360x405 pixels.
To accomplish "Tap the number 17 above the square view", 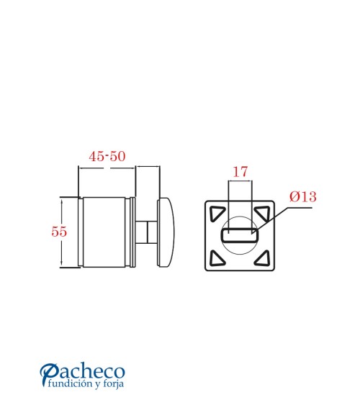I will click(x=240, y=171).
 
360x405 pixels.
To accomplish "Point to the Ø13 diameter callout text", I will click(x=303, y=196).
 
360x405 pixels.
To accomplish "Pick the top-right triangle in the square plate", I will click(x=262, y=212).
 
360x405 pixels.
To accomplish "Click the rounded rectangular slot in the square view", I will click(x=240, y=235).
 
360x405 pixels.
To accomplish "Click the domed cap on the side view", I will click(x=166, y=232).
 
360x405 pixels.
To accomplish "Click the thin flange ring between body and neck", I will click(x=133, y=232).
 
